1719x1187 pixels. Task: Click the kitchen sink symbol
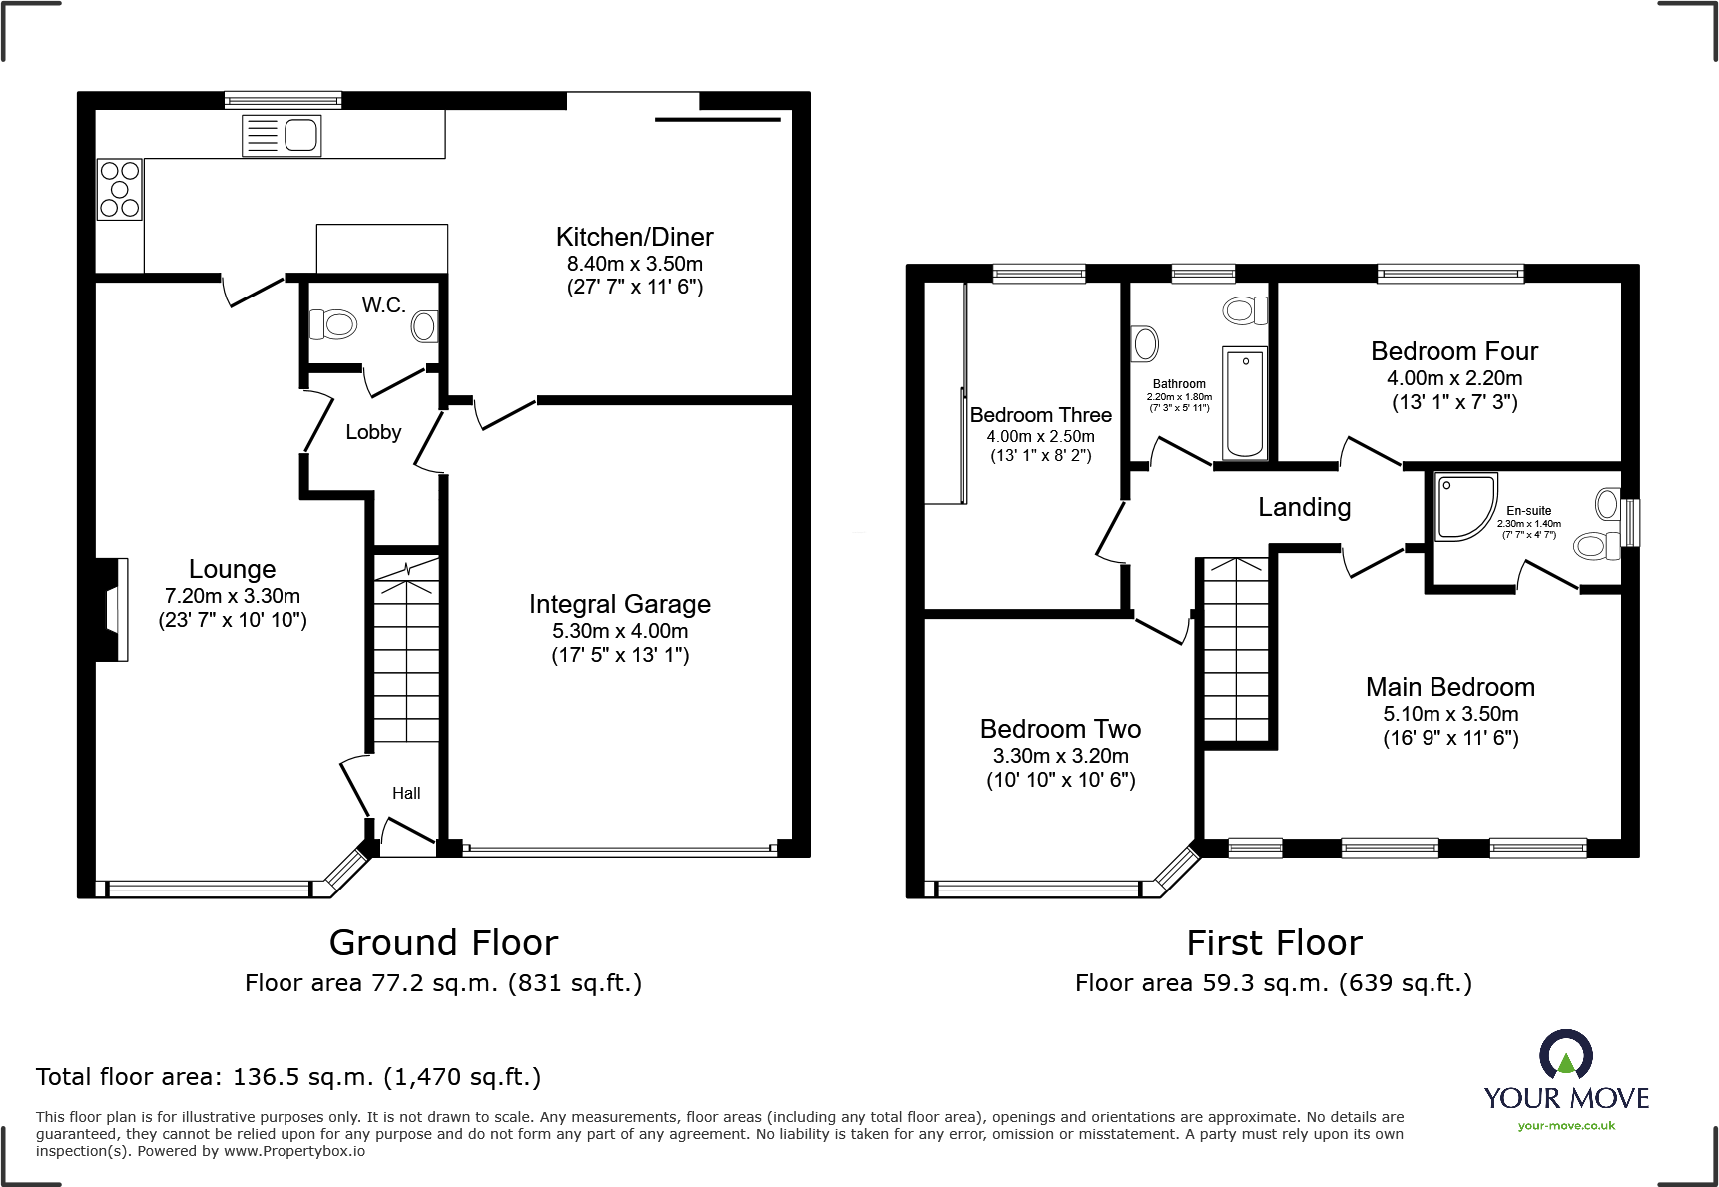tap(282, 135)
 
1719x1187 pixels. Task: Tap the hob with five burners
tap(119, 190)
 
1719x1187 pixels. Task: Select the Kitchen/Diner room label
tap(634, 237)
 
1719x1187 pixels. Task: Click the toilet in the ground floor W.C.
tap(333, 324)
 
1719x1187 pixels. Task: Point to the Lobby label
tap(373, 432)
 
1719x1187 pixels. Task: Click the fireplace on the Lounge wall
tap(113, 608)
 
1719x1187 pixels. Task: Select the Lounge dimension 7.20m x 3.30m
tap(233, 596)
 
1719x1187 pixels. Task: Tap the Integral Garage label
tap(619, 604)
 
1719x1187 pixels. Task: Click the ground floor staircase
tap(406, 649)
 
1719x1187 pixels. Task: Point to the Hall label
tap(406, 793)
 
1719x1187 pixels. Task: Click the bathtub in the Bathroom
tap(1244, 403)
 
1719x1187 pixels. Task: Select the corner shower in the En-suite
tap(1464, 506)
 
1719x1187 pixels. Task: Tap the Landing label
tap(1304, 507)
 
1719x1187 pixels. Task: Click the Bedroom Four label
tap(1453, 351)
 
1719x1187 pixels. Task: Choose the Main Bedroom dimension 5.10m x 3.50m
tap(1450, 714)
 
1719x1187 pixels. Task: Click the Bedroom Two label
tap(1060, 729)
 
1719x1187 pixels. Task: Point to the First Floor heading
tap(1274, 943)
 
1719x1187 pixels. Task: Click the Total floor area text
tap(288, 1077)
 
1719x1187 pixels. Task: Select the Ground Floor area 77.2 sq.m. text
tap(443, 983)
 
